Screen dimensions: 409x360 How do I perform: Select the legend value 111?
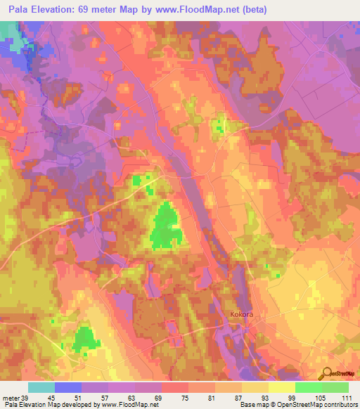(x=347, y=397)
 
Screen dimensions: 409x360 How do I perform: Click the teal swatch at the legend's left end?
(x=41, y=387)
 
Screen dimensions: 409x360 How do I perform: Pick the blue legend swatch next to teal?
(x=68, y=387)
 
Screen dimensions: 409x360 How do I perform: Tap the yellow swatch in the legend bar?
(x=281, y=387)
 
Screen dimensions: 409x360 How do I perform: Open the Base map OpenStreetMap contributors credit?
(x=299, y=405)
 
